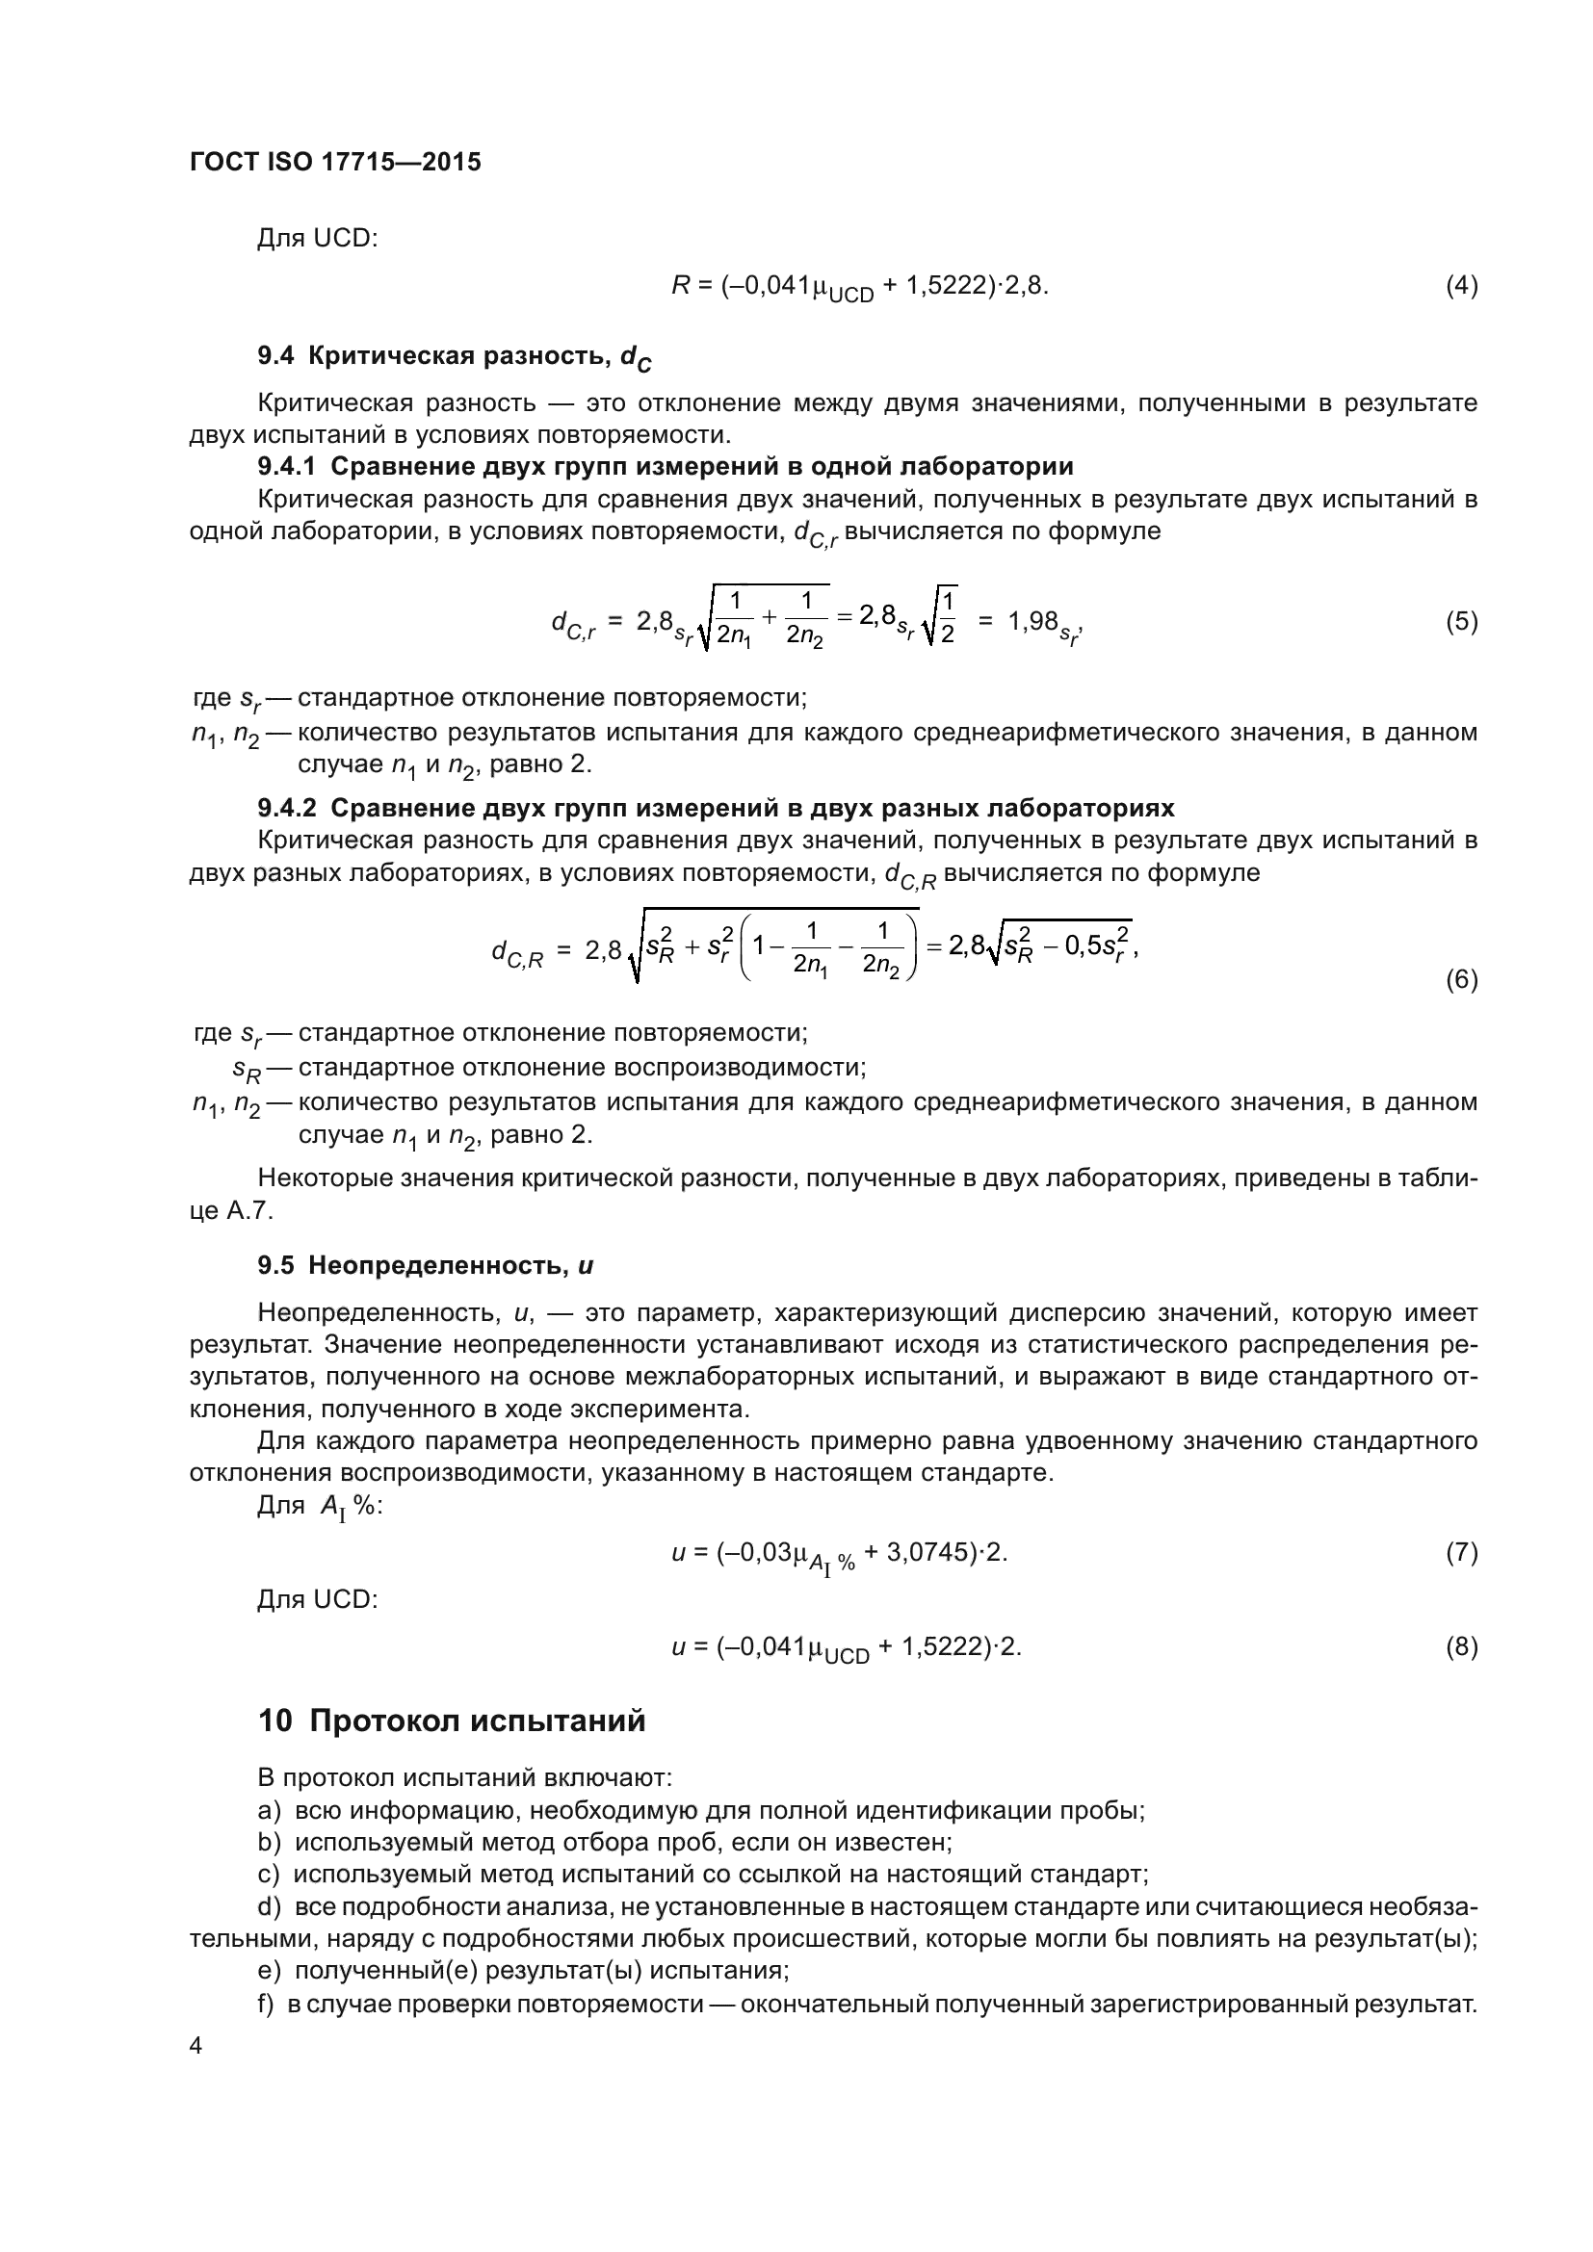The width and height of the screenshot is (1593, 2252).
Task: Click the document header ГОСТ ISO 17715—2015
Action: coord(335,163)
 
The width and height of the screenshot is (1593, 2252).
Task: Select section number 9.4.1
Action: coord(287,466)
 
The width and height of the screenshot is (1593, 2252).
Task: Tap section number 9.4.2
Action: coord(287,807)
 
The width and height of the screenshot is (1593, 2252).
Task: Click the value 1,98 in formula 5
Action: coord(1032,621)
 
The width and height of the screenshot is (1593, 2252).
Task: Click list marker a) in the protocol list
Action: coord(269,1811)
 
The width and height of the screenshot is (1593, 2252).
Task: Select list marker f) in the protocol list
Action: coord(266,2004)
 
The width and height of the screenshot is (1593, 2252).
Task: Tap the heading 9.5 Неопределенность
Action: coord(425,1266)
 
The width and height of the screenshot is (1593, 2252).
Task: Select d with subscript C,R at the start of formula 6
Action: coord(517,952)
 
